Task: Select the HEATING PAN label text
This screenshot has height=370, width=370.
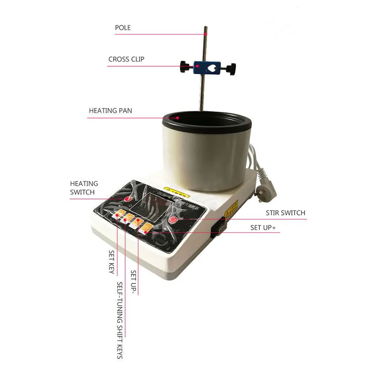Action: pos(110,111)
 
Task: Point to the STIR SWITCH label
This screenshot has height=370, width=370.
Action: pos(285,213)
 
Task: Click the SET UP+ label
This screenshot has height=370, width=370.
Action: pos(263,228)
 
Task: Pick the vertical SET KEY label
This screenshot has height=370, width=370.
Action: pos(111,261)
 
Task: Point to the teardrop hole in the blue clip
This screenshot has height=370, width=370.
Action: pos(213,68)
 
